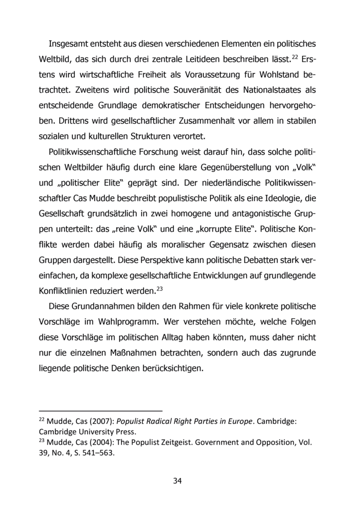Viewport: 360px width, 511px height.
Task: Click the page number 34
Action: pos(178,481)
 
